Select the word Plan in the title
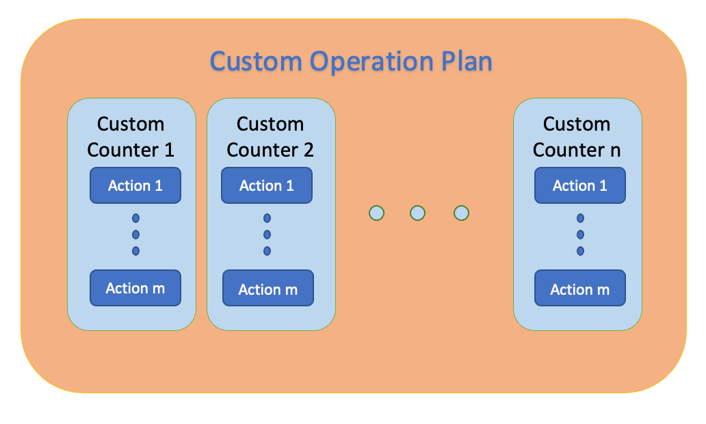[x=463, y=62]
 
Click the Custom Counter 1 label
[x=131, y=137]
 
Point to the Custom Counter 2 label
[x=270, y=137]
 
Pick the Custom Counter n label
[x=577, y=137]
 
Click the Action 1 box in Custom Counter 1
[x=135, y=185]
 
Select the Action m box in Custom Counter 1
[x=135, y=288]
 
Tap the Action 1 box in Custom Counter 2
[x=267, y=185]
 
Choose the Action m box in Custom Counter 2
[x=268, y=288]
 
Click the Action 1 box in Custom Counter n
[x=579, y=185]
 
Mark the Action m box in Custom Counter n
[x=579, y=288]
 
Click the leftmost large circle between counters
[x=376, y=213]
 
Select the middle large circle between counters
[x=418, y=213]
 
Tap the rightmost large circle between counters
[x=461, y=213]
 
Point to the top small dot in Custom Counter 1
[x=135, y=218]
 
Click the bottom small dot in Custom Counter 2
[x=267, y=251]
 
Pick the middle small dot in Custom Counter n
[x=580, y=235]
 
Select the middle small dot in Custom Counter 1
[x=135, y=235]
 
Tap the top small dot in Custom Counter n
[x=580, y=218]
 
